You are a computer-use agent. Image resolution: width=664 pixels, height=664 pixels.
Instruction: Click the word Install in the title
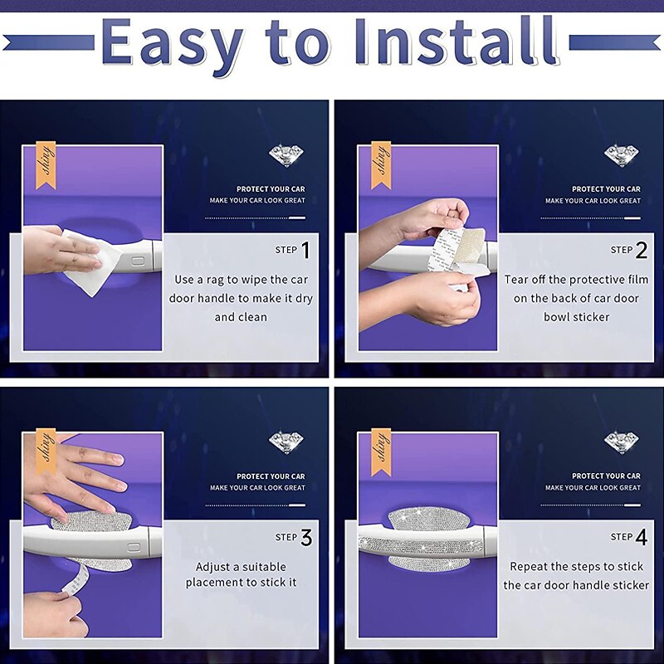pyautogui.click(x=456, y=42)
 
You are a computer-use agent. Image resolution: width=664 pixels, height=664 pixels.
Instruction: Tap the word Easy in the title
pyautogui.click(x=173, y=46)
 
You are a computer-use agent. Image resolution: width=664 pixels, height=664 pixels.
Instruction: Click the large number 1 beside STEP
pyautogui.click(x=305, y=250)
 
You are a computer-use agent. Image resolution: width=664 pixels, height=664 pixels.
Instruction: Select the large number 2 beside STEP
pyautogui.click(x=642, y=250)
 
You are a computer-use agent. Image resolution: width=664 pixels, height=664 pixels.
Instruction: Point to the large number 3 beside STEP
pyautogui.click(x=306, y=537)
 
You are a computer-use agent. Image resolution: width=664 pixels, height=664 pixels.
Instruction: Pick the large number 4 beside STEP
pyautogui.click(x=642, y=537)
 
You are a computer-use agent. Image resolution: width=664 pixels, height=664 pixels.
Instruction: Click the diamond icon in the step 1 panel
pyautogui.click(x=286, y=155)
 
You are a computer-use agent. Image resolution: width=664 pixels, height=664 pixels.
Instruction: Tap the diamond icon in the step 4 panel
pyautogui.click(x=622, y=442)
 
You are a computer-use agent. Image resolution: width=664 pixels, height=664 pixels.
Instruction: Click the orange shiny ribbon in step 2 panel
pyautogui.click(x=381, y=165)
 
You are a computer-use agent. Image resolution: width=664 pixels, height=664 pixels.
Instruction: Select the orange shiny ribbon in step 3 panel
pyautogui.click(x=46, y=452)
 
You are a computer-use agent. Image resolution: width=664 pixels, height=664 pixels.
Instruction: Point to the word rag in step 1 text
pyautogui.click(x=216, y=281)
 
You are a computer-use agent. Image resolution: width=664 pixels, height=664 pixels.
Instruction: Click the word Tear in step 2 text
pyautogui.click(x=515, y=280)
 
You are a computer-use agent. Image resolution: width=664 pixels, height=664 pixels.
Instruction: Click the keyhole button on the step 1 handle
pyautogui.click(x=137, y=260)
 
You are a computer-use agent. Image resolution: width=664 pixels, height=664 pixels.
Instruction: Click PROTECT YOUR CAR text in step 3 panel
pyautogui.click(x=271, y=476)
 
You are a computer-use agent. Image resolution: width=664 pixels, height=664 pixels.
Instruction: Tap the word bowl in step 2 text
pyautogui.click(x=555, y=317)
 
